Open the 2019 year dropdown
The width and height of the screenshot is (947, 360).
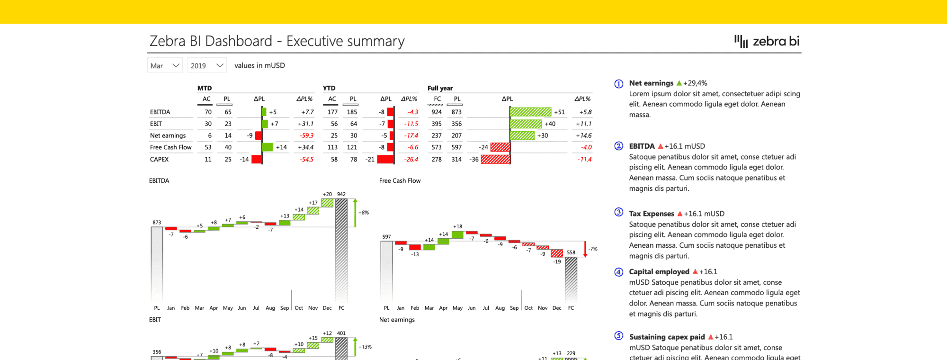tap(207, 65)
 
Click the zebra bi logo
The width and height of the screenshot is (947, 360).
tap(767, 41)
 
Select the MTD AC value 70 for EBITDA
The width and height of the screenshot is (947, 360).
tap(208, 112)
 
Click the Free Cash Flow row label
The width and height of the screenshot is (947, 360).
tap(170, 147)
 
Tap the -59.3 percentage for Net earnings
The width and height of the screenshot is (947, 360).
tap(306, 135)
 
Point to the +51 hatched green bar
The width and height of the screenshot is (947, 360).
tap(531, 112)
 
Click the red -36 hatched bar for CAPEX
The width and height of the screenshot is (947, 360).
tap(495, 159)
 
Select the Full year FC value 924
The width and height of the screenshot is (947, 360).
tap(436, 112)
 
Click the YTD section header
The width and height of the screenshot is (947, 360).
tap(329, 88)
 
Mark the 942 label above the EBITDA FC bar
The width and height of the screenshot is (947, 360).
tap(341, 194)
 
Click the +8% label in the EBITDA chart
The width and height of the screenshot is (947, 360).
tap(364, 213)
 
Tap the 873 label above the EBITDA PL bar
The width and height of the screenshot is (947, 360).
tap(157, 222)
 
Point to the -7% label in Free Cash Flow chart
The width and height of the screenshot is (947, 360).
tap(593, 249)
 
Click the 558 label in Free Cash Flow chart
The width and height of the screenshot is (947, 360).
tap(571, 252)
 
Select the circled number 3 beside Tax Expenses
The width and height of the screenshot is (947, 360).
tap(618, 212)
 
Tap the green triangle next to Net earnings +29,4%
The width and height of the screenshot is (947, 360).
tap(679, 83)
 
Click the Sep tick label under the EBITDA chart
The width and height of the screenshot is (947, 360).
tap(284, 308)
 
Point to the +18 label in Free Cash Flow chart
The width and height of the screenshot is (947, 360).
tap(457, 226)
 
